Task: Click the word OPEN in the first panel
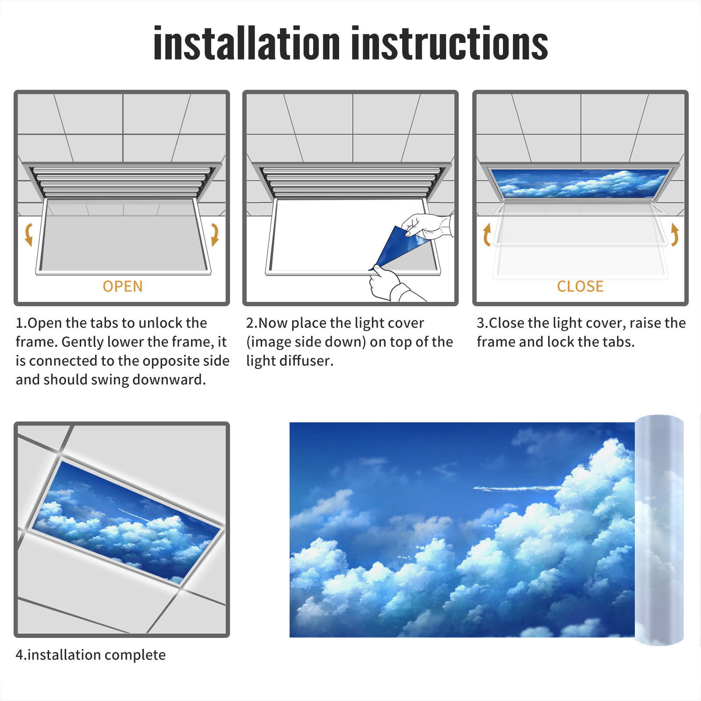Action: [123, 287]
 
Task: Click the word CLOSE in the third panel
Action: [580, 287]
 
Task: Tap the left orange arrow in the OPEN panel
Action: [29, 234]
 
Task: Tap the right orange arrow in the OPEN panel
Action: [215, 234]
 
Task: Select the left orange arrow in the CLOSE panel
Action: [487, 234]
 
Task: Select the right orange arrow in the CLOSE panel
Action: [675, 234]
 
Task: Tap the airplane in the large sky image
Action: [517, 488]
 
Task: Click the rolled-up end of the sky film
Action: [659, 530]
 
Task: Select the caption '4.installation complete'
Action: [91, 655]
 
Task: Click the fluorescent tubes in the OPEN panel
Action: [121, 181]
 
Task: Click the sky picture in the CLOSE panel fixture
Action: [580, 183]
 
